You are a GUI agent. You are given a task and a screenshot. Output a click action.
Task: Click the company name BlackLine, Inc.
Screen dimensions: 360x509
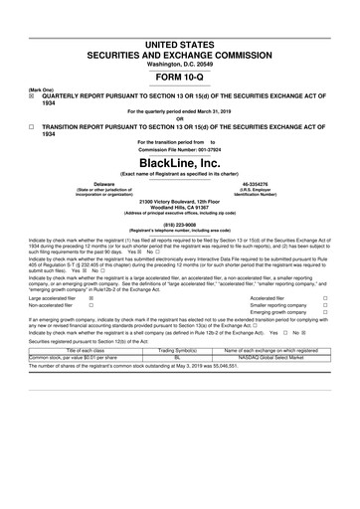pos(179,162)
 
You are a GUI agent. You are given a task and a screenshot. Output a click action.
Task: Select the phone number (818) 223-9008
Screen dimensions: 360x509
pos(179,224)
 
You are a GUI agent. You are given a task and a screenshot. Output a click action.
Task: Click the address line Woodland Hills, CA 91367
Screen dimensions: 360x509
pos(179,207)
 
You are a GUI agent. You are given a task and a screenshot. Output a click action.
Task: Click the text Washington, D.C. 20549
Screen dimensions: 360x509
pos(179,36)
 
